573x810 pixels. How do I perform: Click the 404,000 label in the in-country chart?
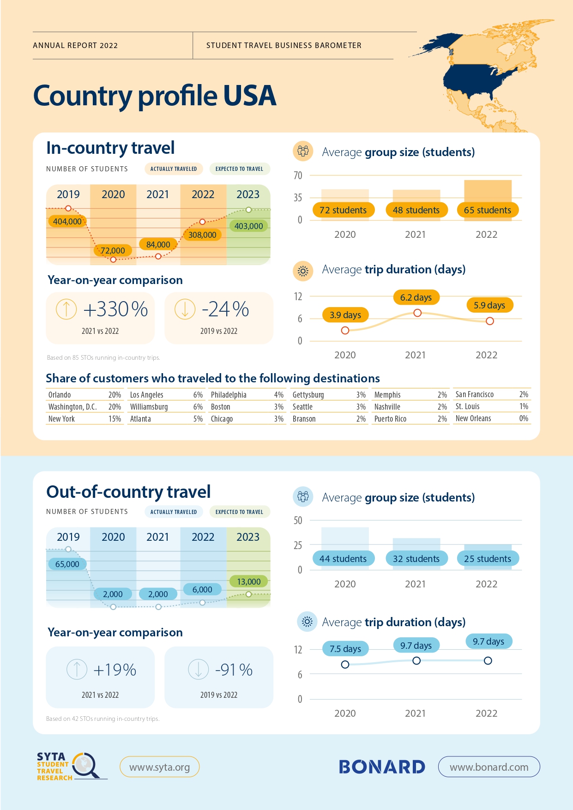click(67, 221)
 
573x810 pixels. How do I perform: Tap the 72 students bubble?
click(343, 210)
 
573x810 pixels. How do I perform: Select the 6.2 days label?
click(416, 297)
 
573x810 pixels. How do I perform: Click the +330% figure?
click(115, 309)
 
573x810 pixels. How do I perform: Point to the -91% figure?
click(234, 670)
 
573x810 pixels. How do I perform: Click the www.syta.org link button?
click(159, 767)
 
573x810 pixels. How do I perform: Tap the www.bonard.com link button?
click(489, 767)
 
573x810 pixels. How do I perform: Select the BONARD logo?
click(382, 767)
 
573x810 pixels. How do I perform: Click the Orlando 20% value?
click(115, 395)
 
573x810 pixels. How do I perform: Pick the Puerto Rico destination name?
click(390, 419)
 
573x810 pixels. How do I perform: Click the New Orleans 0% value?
click(524, 418)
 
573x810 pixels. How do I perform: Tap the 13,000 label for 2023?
click(249, 581)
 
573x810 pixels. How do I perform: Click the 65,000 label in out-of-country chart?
click(67, 564)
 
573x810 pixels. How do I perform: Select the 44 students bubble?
click(343, 559)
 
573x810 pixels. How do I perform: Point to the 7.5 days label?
click(345, 649)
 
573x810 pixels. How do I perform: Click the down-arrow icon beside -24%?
click(185, 309)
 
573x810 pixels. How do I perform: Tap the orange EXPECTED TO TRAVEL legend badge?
click(239, 169)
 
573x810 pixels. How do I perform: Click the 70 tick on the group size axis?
click(298, 175)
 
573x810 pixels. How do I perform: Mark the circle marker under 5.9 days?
click(490, 321)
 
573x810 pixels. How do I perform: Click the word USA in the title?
click(250, 96)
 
